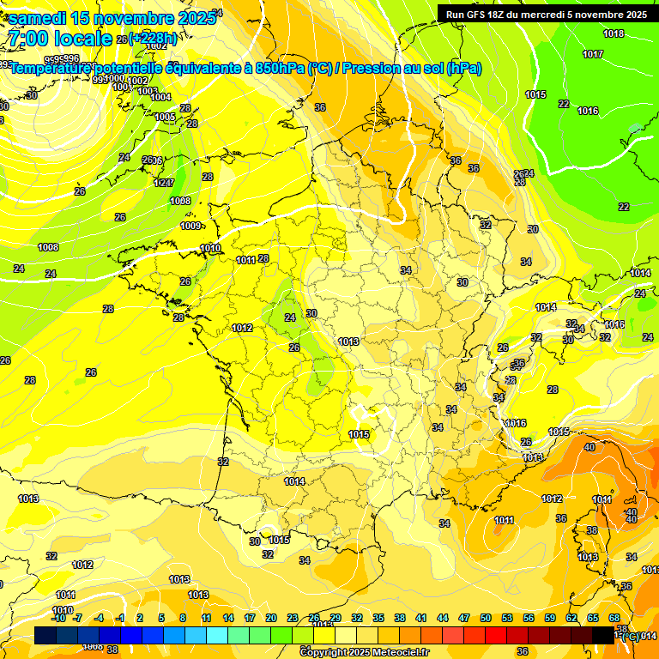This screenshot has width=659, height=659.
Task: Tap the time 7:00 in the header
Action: (27, 39)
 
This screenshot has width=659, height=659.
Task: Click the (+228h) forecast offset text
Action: (154, 39)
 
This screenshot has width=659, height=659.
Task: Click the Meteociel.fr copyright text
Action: (363, 652)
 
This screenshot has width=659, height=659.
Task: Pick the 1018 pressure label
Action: (614, 34)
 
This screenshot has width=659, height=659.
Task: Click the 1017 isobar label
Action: (593, 54)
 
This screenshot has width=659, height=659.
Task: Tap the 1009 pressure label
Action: (190, 227)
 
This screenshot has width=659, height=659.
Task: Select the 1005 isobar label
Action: (165, 117)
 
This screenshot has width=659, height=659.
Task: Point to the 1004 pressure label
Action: (160, 97)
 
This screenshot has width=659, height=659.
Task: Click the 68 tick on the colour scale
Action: (614, 618)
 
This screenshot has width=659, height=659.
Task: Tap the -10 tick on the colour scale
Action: (58, 618)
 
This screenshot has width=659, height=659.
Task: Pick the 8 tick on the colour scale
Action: (183, 618)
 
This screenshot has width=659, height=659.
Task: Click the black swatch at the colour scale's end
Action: (603, 635)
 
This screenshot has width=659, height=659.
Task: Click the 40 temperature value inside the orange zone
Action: (589, 447)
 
